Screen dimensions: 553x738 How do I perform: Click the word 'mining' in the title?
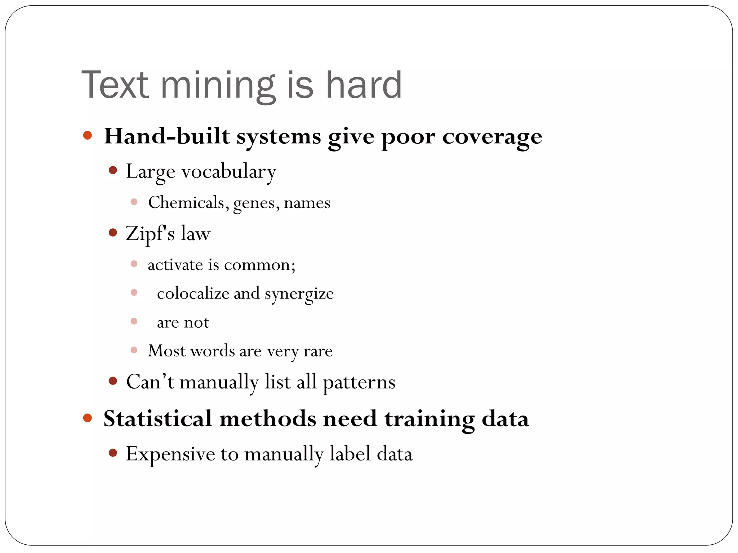(x=218, y=86)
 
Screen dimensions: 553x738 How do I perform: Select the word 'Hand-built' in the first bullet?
(x=167, y=136)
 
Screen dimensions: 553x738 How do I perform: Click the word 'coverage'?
(x=492, y=137)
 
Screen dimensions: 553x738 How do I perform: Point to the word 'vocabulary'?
(x=228, y=171)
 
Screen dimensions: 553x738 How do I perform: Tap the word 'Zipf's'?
(x=150, y=234)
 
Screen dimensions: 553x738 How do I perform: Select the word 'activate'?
(x=175, y=265)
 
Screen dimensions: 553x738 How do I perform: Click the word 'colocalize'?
(x=193, y=293)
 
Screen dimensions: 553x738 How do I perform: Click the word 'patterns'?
(x=359, y=382)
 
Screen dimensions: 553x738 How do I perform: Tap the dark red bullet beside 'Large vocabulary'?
(x=113, y=170)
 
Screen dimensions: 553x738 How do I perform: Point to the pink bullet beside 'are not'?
(x=134, y=321)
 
